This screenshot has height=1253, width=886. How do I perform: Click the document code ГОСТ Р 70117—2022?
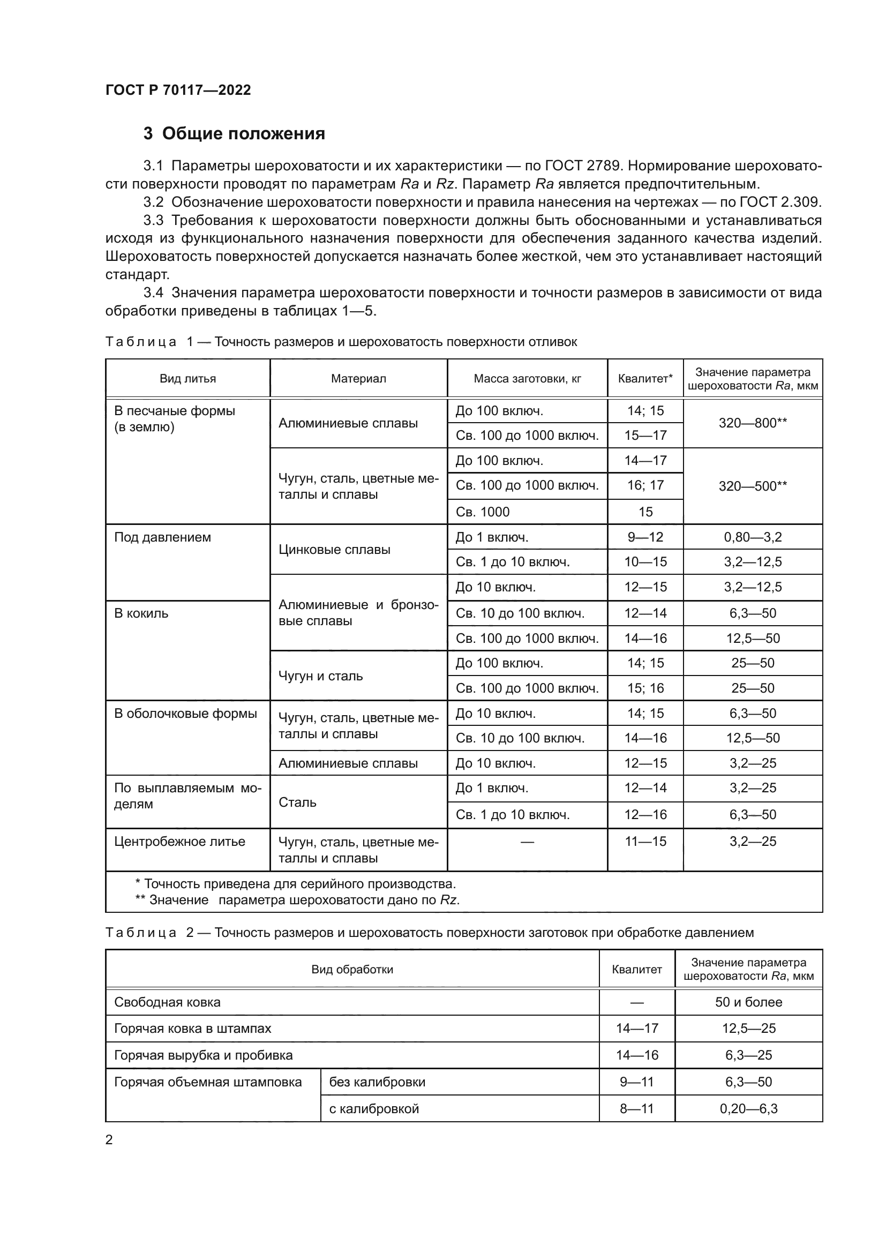click(x=178, y=90)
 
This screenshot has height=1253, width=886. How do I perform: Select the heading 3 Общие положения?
click(x=234, y=134)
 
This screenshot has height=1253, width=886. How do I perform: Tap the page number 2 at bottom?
click(x=109, y=1140)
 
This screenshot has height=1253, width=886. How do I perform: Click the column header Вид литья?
click(x=187, y=379)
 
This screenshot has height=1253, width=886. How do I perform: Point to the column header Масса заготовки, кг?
click(x=527, y=379)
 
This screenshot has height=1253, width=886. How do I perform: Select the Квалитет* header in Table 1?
click(x=645, y=379)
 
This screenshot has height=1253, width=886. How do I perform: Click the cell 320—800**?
click(x=752, y=423)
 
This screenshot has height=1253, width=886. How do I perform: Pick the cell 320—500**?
click(x=752, y=486)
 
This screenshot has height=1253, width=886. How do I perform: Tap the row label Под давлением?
click(x=163, y=537)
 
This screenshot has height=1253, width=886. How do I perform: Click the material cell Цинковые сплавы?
click(x=334, y=550)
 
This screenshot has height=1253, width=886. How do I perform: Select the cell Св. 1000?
click(x=483, y=512)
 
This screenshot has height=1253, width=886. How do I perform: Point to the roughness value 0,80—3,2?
click(x=752, y=537)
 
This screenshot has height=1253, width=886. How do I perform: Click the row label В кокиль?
click(x=141, y=613)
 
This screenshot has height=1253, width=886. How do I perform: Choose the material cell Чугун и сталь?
click(x=321, y=676)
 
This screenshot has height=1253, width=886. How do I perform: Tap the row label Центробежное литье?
click(x=179, y=842)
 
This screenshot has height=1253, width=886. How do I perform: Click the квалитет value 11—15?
click(x=645, y=842)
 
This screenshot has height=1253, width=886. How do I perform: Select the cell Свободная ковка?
click(x=168, y=1002)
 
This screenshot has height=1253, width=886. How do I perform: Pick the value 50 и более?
click(x=748, y=1002)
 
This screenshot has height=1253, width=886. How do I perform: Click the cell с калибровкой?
click(x=374, y=1109)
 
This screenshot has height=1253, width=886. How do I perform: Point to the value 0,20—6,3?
click(x=748, y=1109)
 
